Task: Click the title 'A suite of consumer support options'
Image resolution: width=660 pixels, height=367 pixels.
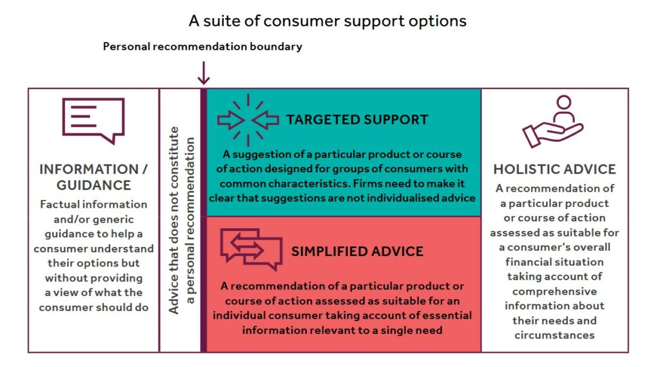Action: click(x=327, y=21)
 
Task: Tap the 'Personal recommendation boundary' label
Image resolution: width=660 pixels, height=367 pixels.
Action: click(x=202, y=46)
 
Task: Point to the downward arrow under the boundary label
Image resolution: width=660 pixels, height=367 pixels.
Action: click(x=204, y=73)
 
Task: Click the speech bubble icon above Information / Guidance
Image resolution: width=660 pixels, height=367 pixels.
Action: click(x=93, y=121)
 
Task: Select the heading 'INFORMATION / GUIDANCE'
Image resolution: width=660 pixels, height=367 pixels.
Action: click(x=93, y=177)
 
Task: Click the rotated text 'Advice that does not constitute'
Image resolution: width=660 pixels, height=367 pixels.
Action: click(x=174, y=220)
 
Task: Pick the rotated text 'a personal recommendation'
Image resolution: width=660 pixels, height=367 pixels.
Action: click(x=190, y=221)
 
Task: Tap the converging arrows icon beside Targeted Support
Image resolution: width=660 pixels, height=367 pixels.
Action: click(x=248, y=120)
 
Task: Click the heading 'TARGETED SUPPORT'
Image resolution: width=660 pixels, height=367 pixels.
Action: click(x=357, y=120)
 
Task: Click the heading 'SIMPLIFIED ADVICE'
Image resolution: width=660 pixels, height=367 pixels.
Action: click(x=357, y=252)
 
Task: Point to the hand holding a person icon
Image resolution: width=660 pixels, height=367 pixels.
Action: click(x=552, y=121)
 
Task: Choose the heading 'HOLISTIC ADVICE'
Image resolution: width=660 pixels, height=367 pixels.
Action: click(x=554, y=170)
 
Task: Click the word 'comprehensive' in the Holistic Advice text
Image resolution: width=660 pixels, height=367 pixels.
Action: click(x=554, y=292)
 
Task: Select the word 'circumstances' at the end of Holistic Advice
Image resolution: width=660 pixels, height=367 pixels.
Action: click(x=554, y=335)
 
